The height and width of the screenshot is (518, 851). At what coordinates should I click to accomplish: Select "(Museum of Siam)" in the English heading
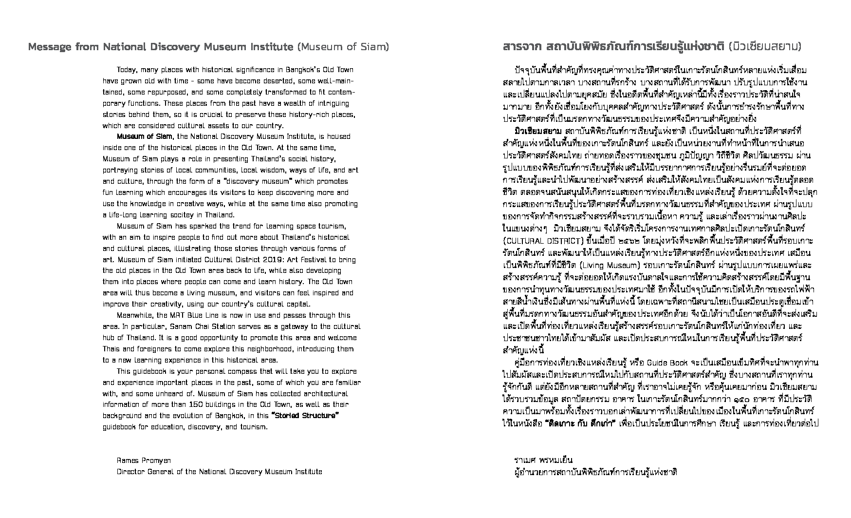(x=343, y=47)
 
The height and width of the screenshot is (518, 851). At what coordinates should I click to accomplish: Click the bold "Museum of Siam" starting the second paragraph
(x=145, y=136)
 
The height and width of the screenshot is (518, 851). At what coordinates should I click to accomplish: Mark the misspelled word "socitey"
(x=171, y=215)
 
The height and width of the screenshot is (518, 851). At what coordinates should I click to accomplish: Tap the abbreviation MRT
(x=178, y=315)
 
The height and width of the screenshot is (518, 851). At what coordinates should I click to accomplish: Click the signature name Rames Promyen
(x=144, y=460)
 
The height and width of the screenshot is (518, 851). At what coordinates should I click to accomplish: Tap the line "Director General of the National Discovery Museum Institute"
(x=219, y=472)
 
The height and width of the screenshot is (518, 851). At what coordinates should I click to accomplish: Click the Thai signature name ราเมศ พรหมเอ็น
(x=543, y=460)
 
